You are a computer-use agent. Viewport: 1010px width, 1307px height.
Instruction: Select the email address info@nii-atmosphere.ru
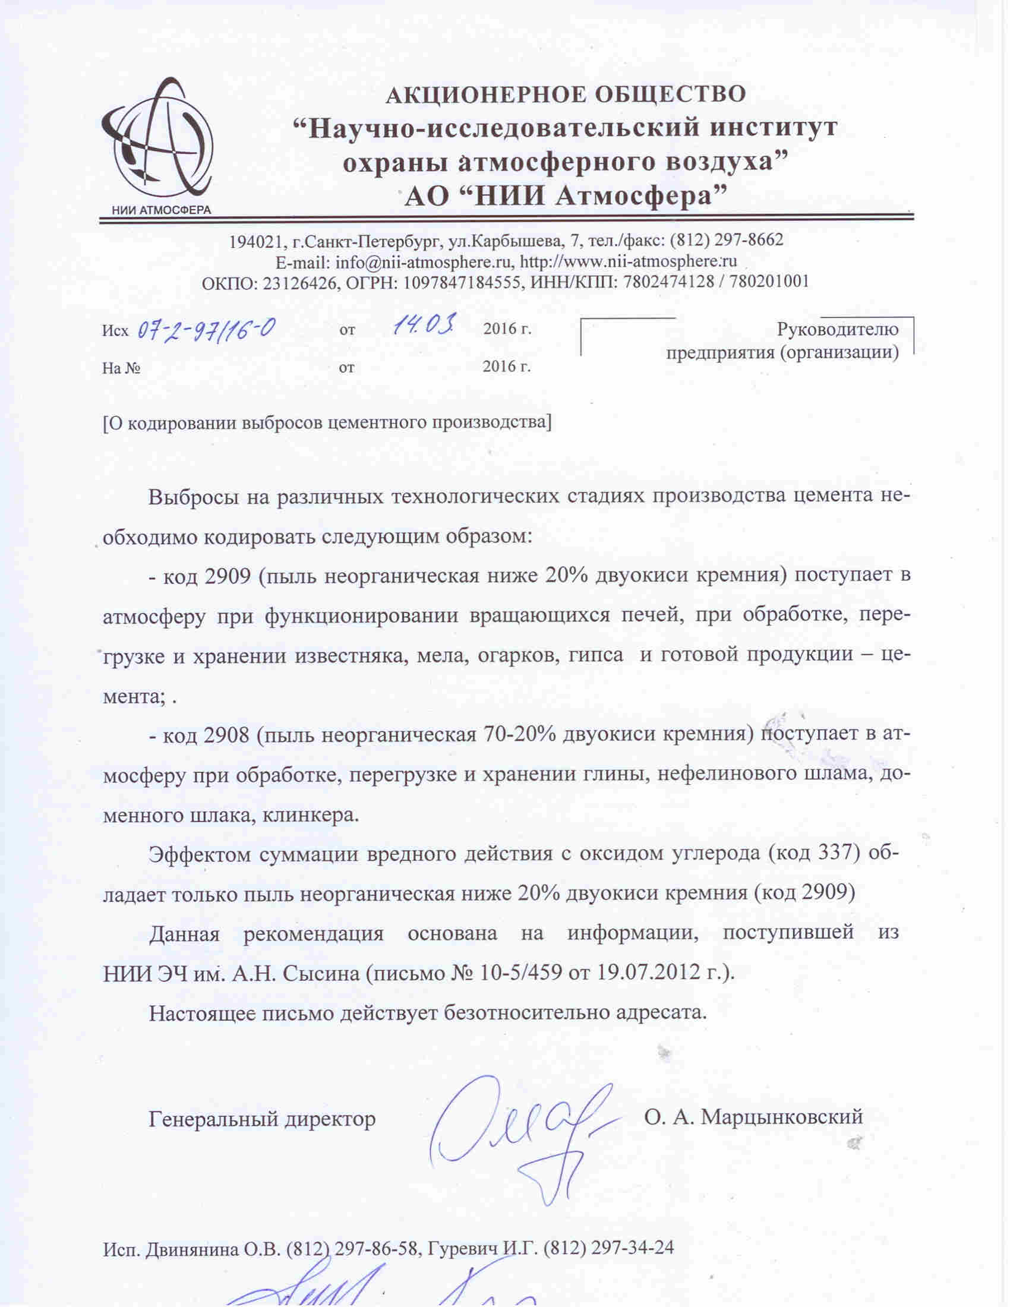click(424, 262)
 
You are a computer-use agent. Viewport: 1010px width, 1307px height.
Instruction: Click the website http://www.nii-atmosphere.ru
click(627, 261)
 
